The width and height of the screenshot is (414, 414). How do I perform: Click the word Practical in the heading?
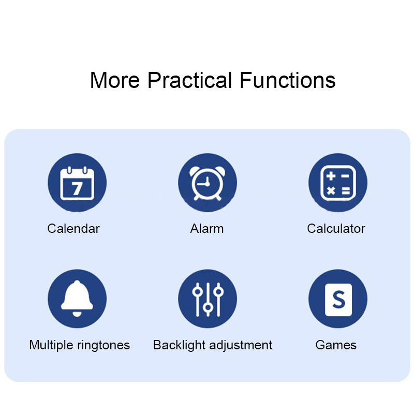coord(189,80)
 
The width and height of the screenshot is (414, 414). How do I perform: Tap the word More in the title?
coord(115,80)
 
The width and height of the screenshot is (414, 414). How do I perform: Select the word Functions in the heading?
coord(288,80)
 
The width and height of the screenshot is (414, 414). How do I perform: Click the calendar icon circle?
coord(77,183)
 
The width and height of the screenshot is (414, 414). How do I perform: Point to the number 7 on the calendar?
coord(77,188)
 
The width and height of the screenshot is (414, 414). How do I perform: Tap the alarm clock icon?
coord(208,183)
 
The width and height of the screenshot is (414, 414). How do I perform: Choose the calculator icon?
coord(338,183)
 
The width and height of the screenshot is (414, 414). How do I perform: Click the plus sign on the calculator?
coord(331,176)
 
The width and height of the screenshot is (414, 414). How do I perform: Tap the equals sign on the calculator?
coord(346,190)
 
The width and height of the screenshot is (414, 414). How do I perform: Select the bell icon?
coord(77,299)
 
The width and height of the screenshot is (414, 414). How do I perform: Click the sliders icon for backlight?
coord(208,299)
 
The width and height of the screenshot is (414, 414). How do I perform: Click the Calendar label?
coord(73,229)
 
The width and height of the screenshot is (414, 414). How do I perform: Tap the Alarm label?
coord(207,229)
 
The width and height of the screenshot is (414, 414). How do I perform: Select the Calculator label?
coord(336,229)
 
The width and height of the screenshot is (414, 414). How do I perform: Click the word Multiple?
coord(51,345)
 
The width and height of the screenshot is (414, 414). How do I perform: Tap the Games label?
coord(336,345)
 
